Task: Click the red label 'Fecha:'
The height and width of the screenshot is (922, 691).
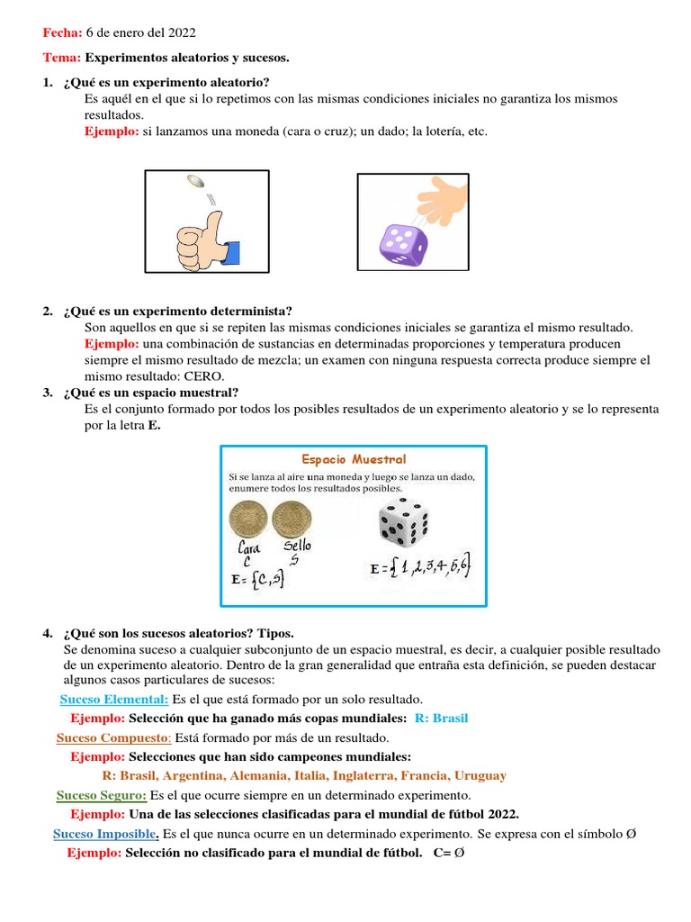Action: [63, 33]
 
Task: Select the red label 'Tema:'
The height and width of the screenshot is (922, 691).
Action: [62, 58]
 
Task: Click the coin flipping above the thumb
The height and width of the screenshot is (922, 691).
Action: [195, 183]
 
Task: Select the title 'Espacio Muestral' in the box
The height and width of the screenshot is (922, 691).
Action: [354, 459]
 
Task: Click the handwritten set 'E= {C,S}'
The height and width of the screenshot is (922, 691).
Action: [258, 581]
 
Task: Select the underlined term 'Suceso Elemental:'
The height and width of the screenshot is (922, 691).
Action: [114, 699]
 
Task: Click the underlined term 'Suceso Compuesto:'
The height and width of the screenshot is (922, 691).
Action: [113, 737]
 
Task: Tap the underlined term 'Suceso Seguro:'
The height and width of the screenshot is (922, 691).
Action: [102, 795]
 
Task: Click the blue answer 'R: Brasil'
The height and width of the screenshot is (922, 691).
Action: [442, 719]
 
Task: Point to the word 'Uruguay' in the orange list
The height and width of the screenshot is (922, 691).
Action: [480, 775]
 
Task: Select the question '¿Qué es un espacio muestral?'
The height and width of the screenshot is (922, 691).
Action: [151, 392]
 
